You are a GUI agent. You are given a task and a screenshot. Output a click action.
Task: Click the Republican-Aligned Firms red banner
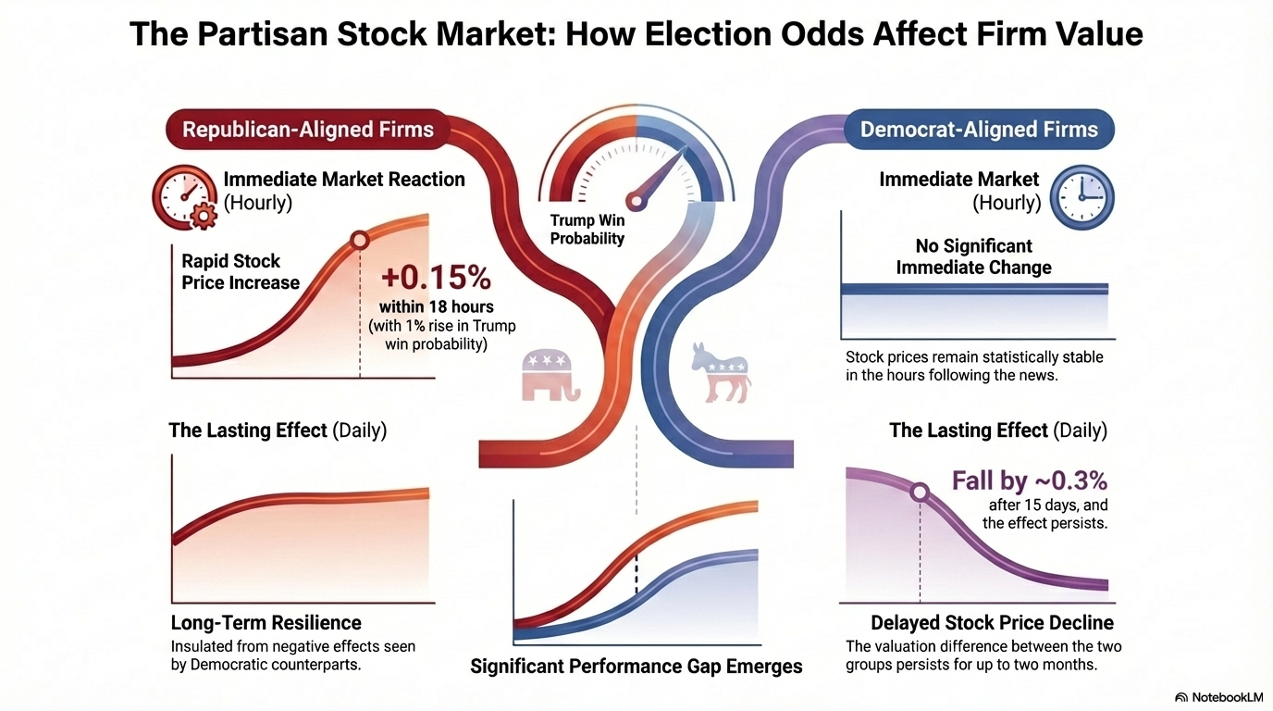pos(307,129)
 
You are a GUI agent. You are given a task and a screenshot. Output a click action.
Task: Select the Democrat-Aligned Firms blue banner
pos(979,129)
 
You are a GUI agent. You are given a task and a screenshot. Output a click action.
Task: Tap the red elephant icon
pos(550,374)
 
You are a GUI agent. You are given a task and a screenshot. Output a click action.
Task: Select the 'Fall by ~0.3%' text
pos(1030,480)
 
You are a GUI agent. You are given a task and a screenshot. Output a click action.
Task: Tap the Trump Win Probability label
pos(587,230)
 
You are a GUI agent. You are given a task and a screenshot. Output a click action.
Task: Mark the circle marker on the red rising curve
pos(359,241)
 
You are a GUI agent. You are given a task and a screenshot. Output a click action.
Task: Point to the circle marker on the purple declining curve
pos(920,492)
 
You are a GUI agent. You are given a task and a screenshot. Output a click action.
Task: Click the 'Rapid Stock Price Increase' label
pos(240,272)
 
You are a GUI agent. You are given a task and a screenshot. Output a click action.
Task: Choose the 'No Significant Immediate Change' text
pos(973,256)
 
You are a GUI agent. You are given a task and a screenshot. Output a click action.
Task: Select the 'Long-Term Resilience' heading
pos(266,622)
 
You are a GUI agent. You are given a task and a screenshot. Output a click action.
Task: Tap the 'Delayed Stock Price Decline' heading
pos(992,622)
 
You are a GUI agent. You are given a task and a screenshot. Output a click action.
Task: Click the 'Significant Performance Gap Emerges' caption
pos(636,666)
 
